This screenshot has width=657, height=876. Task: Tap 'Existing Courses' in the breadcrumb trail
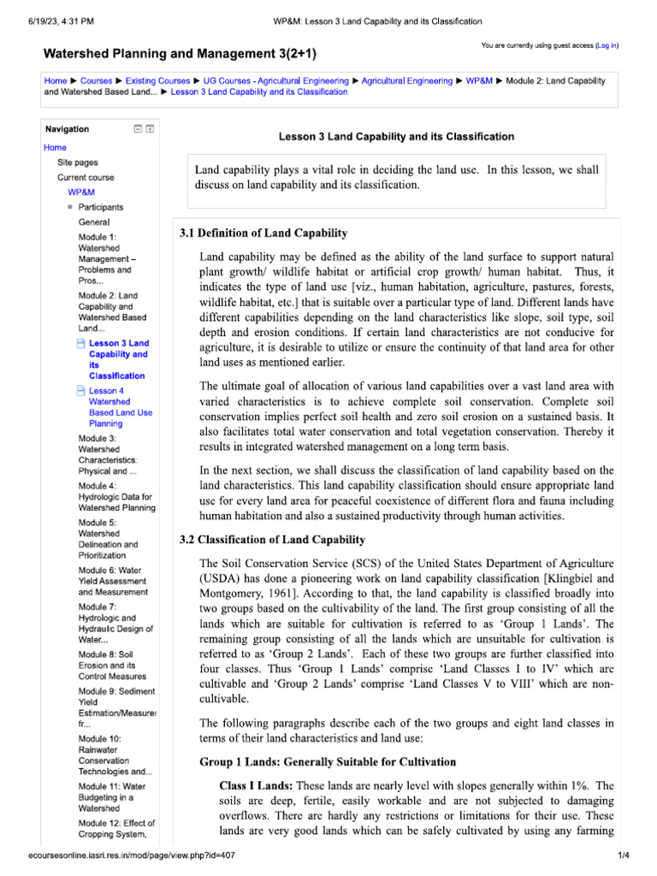(x=158, y=80)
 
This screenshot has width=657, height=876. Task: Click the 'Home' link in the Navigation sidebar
(x=55, y=147)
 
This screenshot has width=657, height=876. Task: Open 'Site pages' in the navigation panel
(x=77, y=162)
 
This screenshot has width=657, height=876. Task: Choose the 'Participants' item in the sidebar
(x=100, y=207)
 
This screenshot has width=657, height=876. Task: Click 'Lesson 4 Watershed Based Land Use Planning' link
(x=120, y=406)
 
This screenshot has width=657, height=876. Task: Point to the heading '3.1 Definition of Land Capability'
(x=263, y=233)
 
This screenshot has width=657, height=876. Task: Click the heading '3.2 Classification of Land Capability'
(x=272, y=540)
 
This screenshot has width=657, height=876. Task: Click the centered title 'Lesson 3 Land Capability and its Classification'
(x=397, y=136)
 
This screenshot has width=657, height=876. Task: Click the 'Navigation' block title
(x=67, y=129)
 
